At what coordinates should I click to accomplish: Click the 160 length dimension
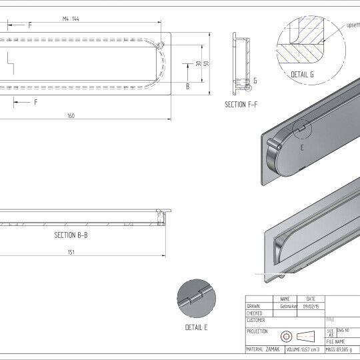pos(71,116)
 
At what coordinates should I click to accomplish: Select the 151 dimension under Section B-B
pos(71,252)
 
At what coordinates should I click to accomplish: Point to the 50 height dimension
pos(207,63)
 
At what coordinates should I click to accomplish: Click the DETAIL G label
pos(303,75)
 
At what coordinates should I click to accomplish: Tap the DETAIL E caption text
pos(196,327)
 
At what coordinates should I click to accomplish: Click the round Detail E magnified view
pos(196,298)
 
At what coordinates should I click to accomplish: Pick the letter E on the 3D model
pos(301,148)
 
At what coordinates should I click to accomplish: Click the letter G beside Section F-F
pos(255,80)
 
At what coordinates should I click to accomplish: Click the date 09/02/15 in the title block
pos(311,306)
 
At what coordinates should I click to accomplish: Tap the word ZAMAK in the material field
pos(273,349)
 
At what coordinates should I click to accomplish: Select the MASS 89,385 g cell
pos(342,349)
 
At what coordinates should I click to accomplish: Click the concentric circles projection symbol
pos(286,335)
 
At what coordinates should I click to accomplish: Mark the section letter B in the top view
pos(187,86)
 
